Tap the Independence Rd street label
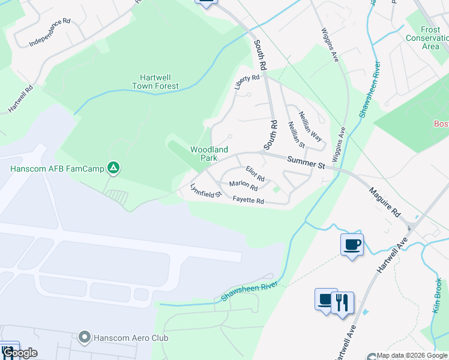click(50, 33)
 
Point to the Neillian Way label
click(311, 127)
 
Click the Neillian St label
click(297, 134)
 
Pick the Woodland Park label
click(209, 153)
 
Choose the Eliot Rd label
click(255, 174)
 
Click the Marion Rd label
click(244, 187)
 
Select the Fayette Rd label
click(249, 200)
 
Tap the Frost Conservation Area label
click(430, 38)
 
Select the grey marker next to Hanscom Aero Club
click(84, 338)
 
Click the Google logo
click(20, 353)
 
